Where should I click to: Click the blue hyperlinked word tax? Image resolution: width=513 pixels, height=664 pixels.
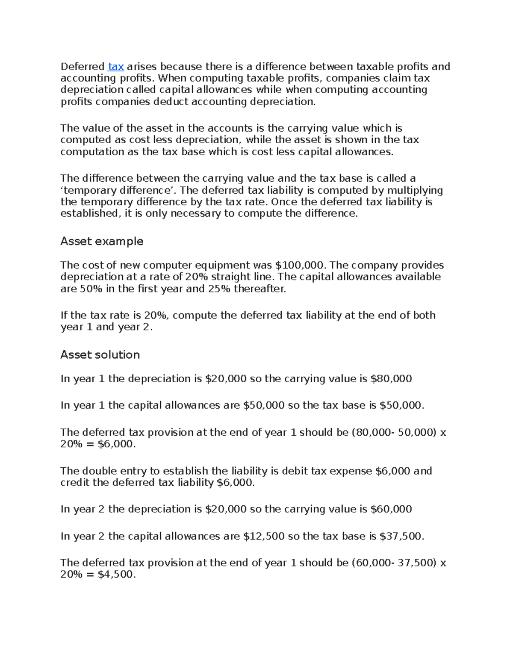click(x=116, y=67)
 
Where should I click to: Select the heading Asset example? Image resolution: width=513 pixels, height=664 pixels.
click(x=102, y=242)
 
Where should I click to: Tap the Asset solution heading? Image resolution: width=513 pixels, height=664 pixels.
click(x=100, y=355)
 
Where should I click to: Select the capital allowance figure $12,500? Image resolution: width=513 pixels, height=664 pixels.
click(x=264, y=536)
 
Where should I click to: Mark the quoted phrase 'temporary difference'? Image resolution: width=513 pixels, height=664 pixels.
click(x=118, y=190)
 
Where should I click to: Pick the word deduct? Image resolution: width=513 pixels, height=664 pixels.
click(x=171, y=102)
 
